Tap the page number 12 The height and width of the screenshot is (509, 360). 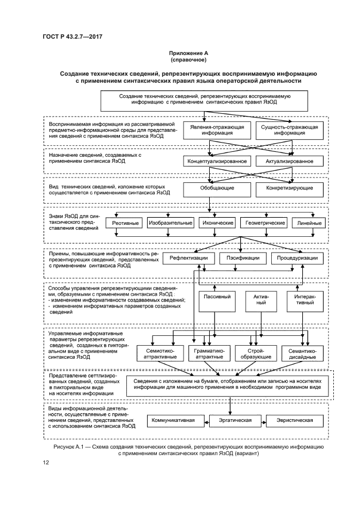46,463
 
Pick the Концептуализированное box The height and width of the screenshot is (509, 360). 217,161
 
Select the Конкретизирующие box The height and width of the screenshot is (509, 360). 289,188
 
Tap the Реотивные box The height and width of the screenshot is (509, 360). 126,223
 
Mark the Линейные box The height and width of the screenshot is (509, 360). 308,223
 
